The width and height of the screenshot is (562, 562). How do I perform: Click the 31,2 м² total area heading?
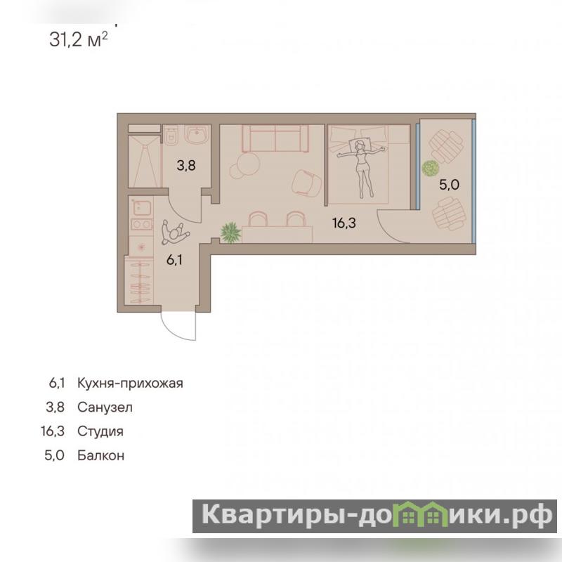click(78, 39)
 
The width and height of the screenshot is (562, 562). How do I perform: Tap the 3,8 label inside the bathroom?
click(186, 165)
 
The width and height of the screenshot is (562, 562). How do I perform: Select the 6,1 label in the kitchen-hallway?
click(174, 259)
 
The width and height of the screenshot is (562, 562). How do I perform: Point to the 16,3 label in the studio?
click(344, 223)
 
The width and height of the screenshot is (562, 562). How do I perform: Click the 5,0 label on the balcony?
click(449, 185)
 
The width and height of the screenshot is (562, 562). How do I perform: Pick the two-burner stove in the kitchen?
click(142, 225)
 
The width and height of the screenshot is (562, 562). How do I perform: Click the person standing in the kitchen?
click(174, 233)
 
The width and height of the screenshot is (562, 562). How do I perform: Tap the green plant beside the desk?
click(230, 233)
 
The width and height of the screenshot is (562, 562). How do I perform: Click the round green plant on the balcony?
click(430, 168)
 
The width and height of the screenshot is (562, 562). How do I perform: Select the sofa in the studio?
click(275, 138)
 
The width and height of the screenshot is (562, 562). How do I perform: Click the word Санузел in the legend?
click(105, 407)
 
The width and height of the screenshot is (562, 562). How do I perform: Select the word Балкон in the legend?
click(100, 455)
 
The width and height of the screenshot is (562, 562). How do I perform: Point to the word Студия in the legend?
click(100, 431)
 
